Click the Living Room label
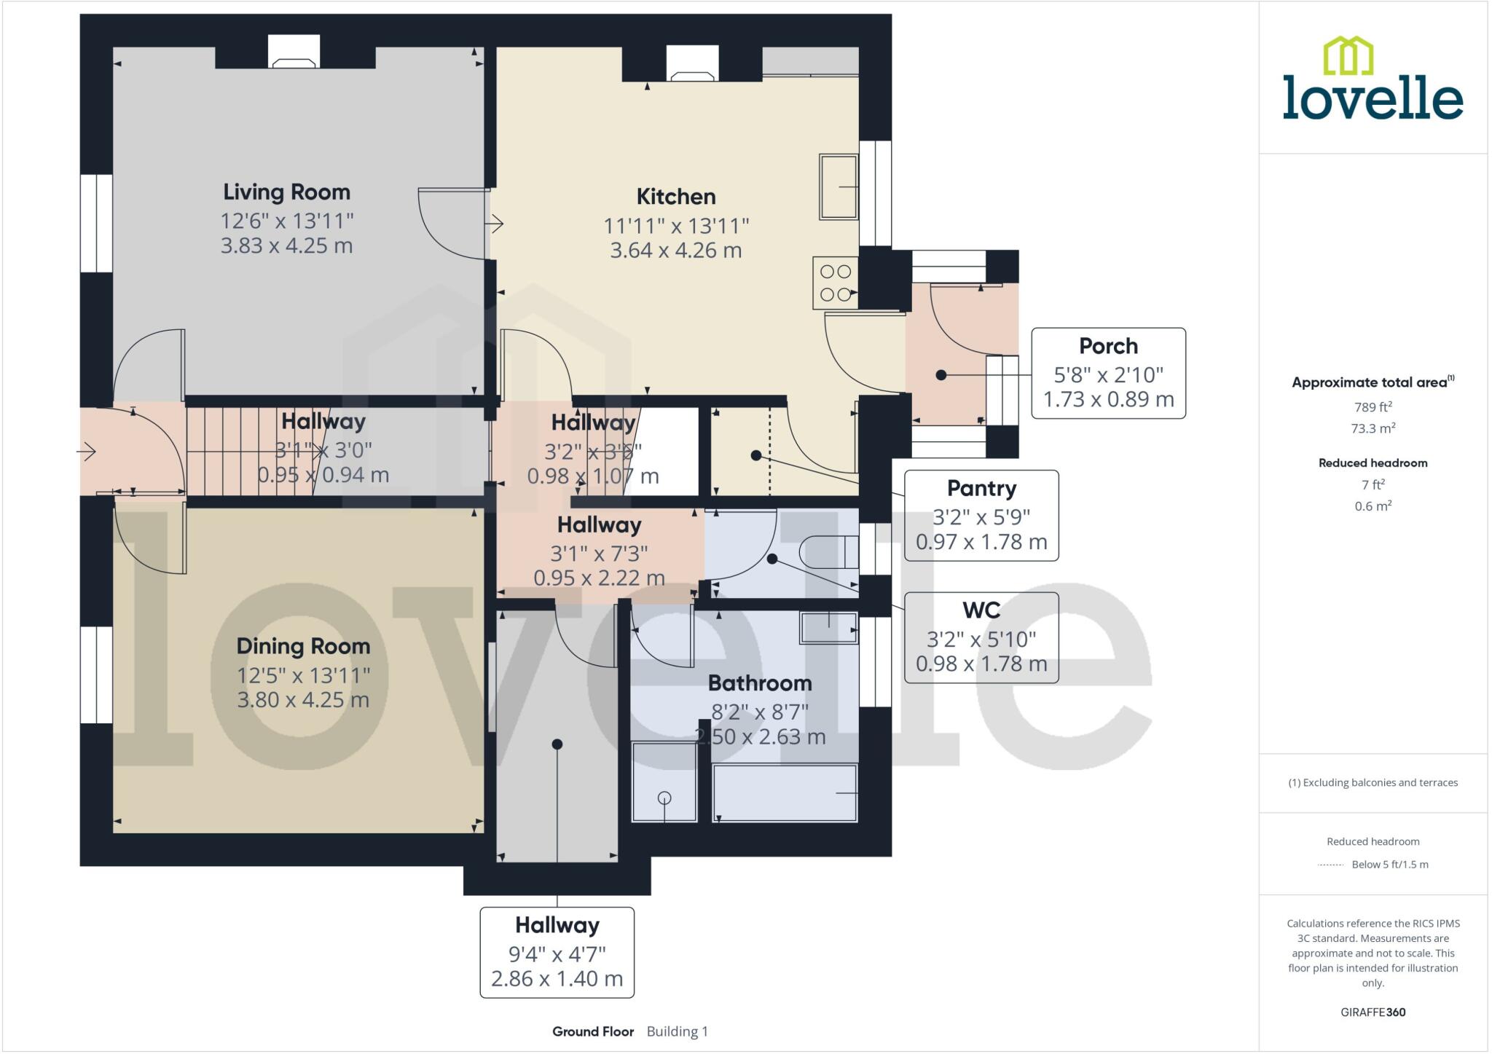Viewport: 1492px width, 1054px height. point(286,192)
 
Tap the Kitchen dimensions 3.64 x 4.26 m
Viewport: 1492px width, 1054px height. point(675,251)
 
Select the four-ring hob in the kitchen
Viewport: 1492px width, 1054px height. point(836,283)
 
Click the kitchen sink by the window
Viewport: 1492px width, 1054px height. point(838,186)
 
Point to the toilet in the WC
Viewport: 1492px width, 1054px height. point(829,552)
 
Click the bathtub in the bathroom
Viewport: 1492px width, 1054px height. point(785,793)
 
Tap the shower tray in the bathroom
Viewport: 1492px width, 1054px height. point(664,782)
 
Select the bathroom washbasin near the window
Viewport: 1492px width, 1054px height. point(828,627)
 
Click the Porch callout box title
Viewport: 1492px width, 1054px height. point(1107,346)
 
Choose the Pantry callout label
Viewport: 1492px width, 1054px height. point(981,488)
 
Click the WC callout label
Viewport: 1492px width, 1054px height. point(981,610)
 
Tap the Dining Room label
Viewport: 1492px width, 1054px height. point(303,646)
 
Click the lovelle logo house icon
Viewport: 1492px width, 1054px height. point(1348,56)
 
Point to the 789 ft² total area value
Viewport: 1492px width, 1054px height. point(1373,407)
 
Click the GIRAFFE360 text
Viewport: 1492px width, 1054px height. point(1373,1012)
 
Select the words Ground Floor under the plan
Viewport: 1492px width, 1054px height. point(592,1031)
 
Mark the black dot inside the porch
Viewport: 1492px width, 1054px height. point(941,375)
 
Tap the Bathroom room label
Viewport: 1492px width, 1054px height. point(759,683)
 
